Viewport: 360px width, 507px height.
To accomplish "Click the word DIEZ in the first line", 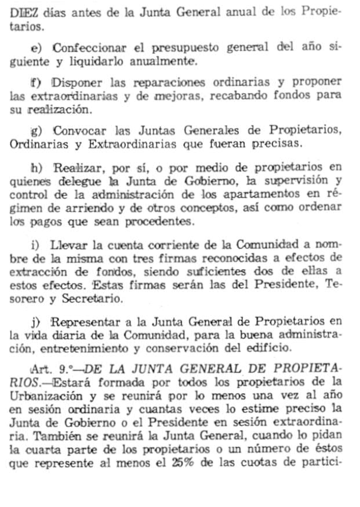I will click(21, 12).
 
